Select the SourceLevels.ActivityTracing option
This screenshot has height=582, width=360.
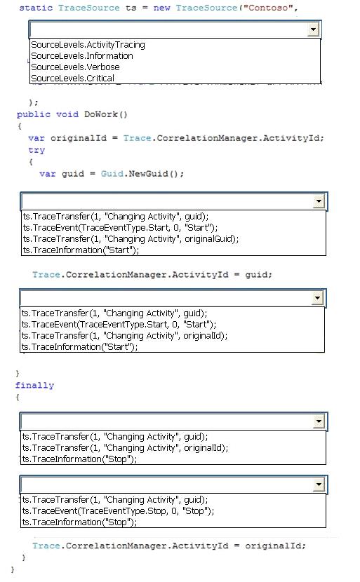click(88, 45)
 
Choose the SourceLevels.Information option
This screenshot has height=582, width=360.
click(81, 56)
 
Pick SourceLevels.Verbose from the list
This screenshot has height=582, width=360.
click(75, 67)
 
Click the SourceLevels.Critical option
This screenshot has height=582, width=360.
click(72, 79)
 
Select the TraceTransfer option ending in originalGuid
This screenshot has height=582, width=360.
click(131, 239)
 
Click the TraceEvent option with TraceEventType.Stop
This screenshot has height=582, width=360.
click(118, 511)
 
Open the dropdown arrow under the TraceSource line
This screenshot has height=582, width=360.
click(313, 29)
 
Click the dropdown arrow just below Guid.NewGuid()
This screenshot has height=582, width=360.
click(319, 201)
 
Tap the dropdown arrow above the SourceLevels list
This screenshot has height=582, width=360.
click(313, 29)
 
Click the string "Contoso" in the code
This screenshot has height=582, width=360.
click(267, 8)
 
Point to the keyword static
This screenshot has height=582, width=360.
click(36, 8)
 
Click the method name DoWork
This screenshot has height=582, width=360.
click(100, 114)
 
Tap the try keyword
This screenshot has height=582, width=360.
click(36, 150)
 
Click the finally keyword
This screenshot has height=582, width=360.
click(34, 386)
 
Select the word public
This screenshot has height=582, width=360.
click(34, 114)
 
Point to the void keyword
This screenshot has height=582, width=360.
click(67, 114)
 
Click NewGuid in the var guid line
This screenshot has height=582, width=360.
click(148, 174)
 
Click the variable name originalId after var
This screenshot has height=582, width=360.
click(79, 138)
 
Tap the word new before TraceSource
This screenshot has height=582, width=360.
click(161, 8)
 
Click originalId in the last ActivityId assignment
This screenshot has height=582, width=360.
click(273, 546)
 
